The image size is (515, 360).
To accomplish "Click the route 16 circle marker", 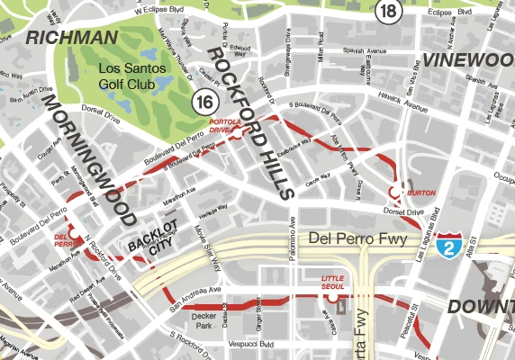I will click(204, 101).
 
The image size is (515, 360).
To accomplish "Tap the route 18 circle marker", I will click(388, 11).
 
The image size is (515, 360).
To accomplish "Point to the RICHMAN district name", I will click(73, 38).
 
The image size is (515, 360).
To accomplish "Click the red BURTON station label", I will click(421, 193).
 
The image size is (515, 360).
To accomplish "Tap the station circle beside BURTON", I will click(394, 192).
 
